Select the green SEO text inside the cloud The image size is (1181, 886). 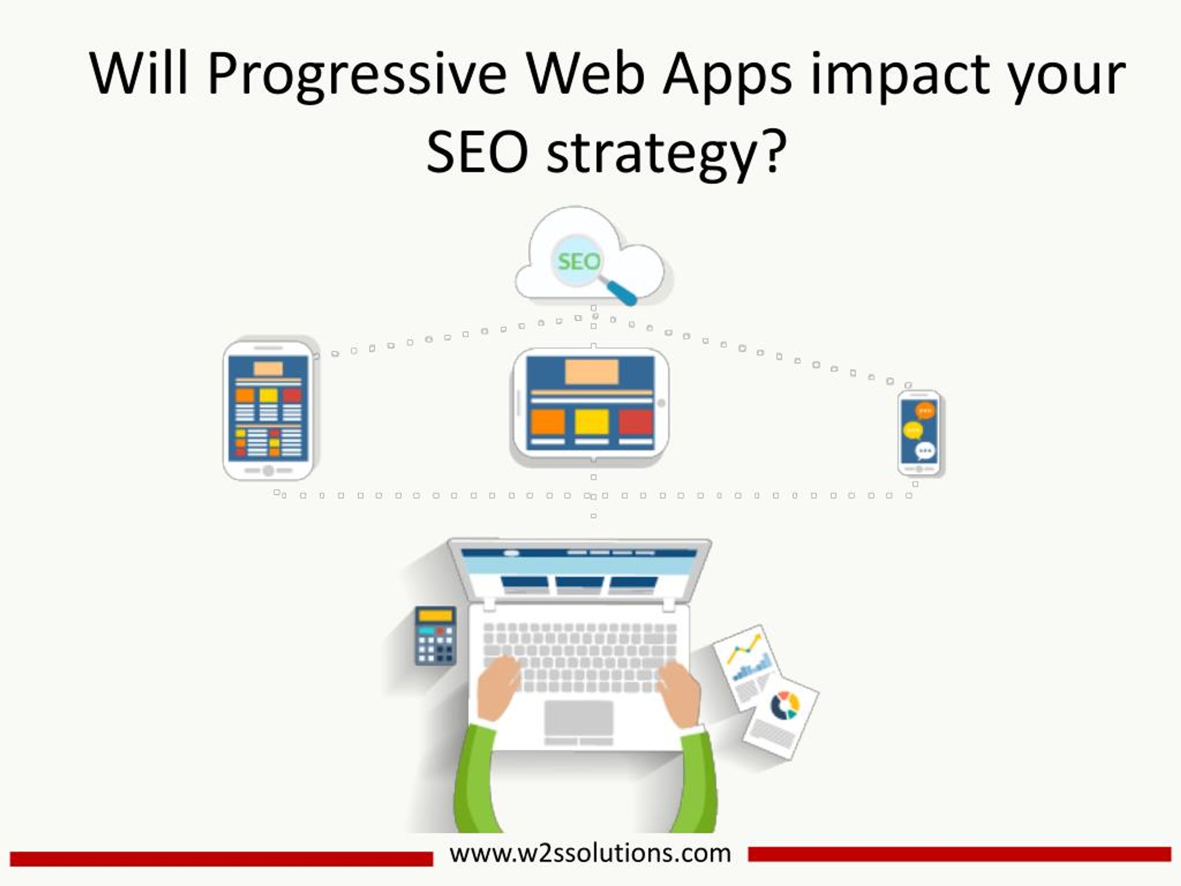pyautogui.click(x=579, y=262)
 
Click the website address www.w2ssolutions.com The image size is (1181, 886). pyautogui.click(x=590, y=853)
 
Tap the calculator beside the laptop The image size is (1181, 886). pyautogui.click(x=435, y=636)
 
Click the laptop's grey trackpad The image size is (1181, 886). pyautogui.click(x=579, y=717)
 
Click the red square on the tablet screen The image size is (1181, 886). pyautogui.click(x=635, y=422)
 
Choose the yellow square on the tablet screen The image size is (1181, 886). pyautogui.click(x=591, y=422)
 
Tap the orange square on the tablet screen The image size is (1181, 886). pyautogui.click(x=548, y=422)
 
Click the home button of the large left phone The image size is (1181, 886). pyautogui.click(x=268, y=471)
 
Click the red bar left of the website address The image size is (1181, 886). pyautogui.click(x=221, y=859)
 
